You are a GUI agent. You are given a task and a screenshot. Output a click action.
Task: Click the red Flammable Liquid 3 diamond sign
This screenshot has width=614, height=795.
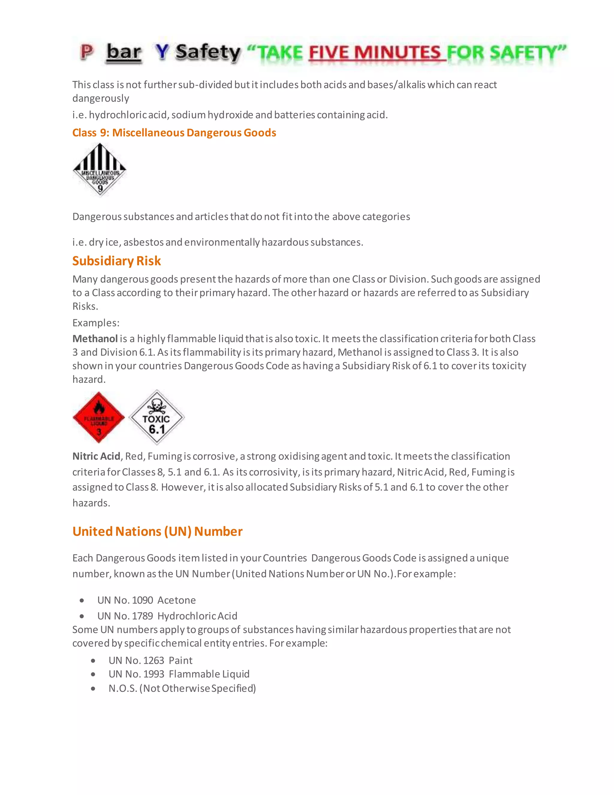[x=99, y=418]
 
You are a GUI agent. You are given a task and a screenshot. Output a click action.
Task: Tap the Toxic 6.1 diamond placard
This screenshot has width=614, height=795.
[x=156, y=418]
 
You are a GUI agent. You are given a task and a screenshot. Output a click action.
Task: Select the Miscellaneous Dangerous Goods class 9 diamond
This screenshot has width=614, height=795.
[x=99, y=169]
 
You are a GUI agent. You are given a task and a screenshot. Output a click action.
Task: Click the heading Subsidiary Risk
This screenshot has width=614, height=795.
[x=116, y=261]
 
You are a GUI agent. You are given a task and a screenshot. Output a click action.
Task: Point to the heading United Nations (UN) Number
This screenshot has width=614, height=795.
[x=157, y=532]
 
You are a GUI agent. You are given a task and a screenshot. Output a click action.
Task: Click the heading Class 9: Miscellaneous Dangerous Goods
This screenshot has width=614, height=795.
[x=174, y=133]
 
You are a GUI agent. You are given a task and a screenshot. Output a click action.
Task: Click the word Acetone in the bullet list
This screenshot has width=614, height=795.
[x=177, y=600]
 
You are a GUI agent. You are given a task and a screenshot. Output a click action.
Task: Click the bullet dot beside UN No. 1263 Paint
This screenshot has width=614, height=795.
[x=93, y=661]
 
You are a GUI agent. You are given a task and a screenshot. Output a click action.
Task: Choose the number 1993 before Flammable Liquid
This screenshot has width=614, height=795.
[x=153, y=674]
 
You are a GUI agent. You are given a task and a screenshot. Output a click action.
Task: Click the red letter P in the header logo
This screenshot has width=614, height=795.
[x=87, y=52]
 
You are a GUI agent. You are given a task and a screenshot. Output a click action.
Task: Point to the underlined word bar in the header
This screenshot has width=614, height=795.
[x=124, y=52]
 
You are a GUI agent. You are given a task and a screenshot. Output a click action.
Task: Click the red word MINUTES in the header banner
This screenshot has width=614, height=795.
[x=397, y=53]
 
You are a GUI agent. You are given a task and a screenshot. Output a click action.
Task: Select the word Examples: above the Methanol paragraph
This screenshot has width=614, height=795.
[x=96, y=323]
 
